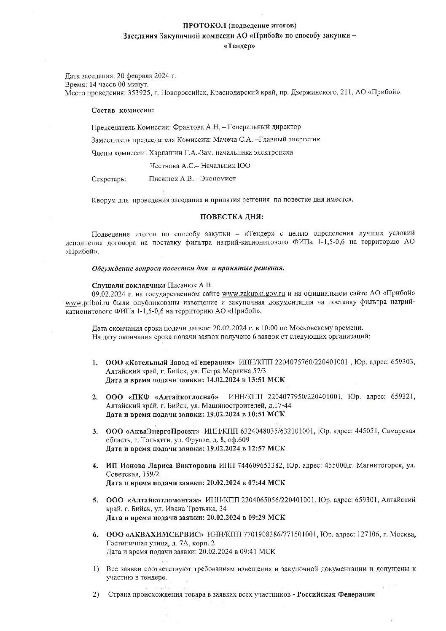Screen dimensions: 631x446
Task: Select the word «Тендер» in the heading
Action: (x=239, y=46)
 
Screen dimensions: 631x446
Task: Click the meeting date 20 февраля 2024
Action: (x=143, y=76)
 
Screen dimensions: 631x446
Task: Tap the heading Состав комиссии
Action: (x=123, y=111)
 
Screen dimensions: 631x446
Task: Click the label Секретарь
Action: (x=108, y=179)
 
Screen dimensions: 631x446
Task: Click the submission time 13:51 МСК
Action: (x=264, y=380)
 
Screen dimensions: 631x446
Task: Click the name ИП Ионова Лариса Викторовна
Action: (x=161, y=466)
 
